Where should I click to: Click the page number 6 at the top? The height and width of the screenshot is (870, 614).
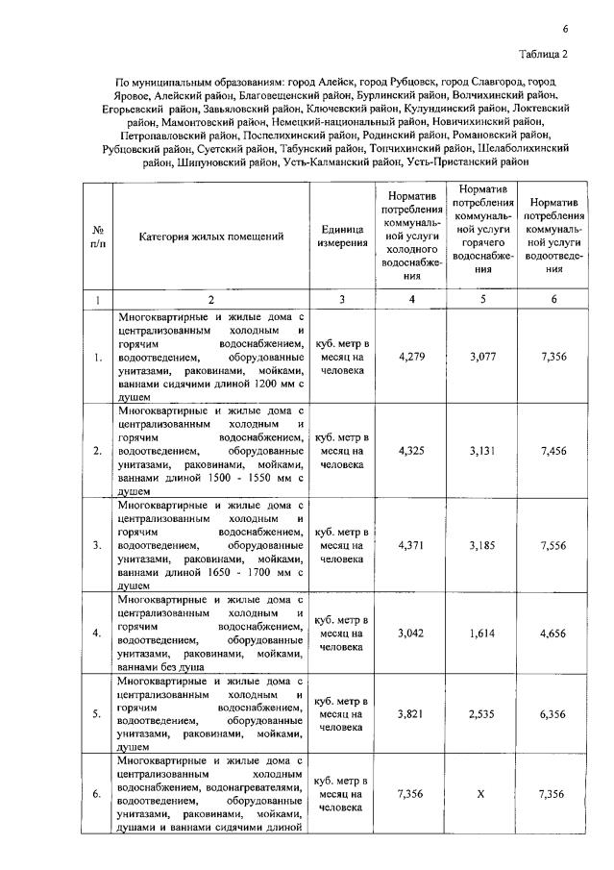pos(565,30)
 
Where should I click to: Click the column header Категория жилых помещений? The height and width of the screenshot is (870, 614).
pos(211,236)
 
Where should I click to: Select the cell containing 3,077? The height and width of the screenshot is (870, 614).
pos(484,357)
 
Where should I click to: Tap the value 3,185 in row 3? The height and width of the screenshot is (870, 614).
pos(484,544)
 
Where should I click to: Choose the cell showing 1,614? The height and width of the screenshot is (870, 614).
pos(484,634)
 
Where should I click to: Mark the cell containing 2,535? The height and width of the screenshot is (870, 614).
pos(484,714)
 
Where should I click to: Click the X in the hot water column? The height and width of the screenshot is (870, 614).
pos(484,794)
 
